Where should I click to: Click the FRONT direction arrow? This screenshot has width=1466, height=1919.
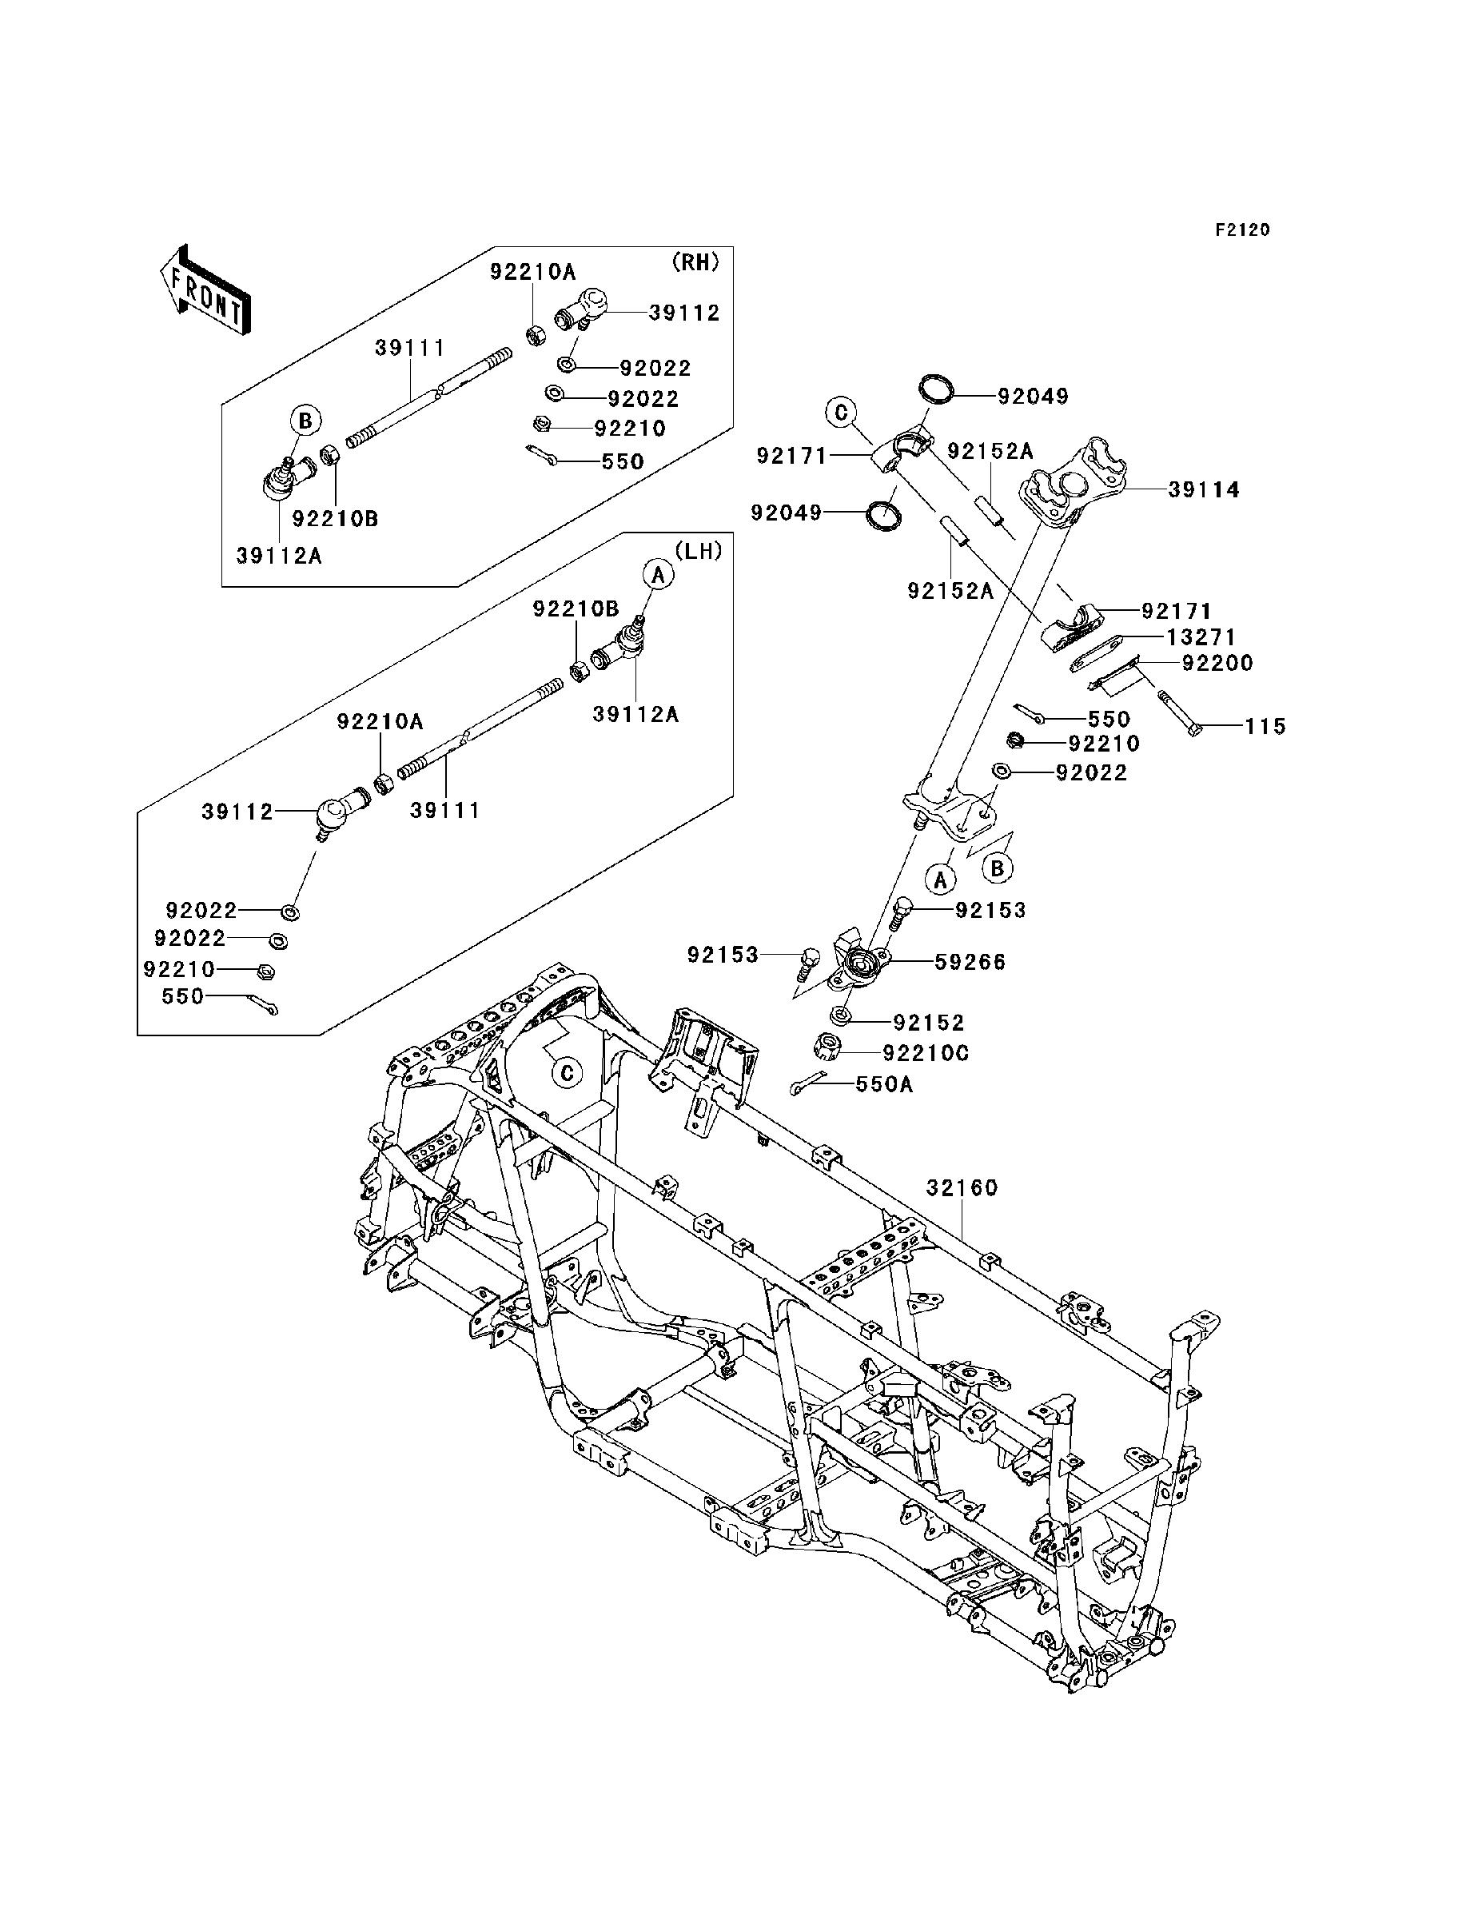click(206, 290)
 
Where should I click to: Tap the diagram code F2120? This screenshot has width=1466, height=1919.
click(1243, 230)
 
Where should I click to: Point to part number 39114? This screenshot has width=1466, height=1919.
click(1203, 490)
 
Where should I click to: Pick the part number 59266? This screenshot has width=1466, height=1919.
click(970, 962)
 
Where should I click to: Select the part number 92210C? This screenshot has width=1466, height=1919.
click(926, 1053)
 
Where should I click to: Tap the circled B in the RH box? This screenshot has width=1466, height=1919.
click(305, 421)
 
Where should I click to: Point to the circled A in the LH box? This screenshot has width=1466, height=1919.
click(659, 574)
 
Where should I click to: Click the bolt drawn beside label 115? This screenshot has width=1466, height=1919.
click(1180, 713)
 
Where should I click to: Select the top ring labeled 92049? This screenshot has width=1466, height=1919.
click(936, 389)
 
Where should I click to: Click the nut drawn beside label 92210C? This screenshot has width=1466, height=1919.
click(826, 1047)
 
